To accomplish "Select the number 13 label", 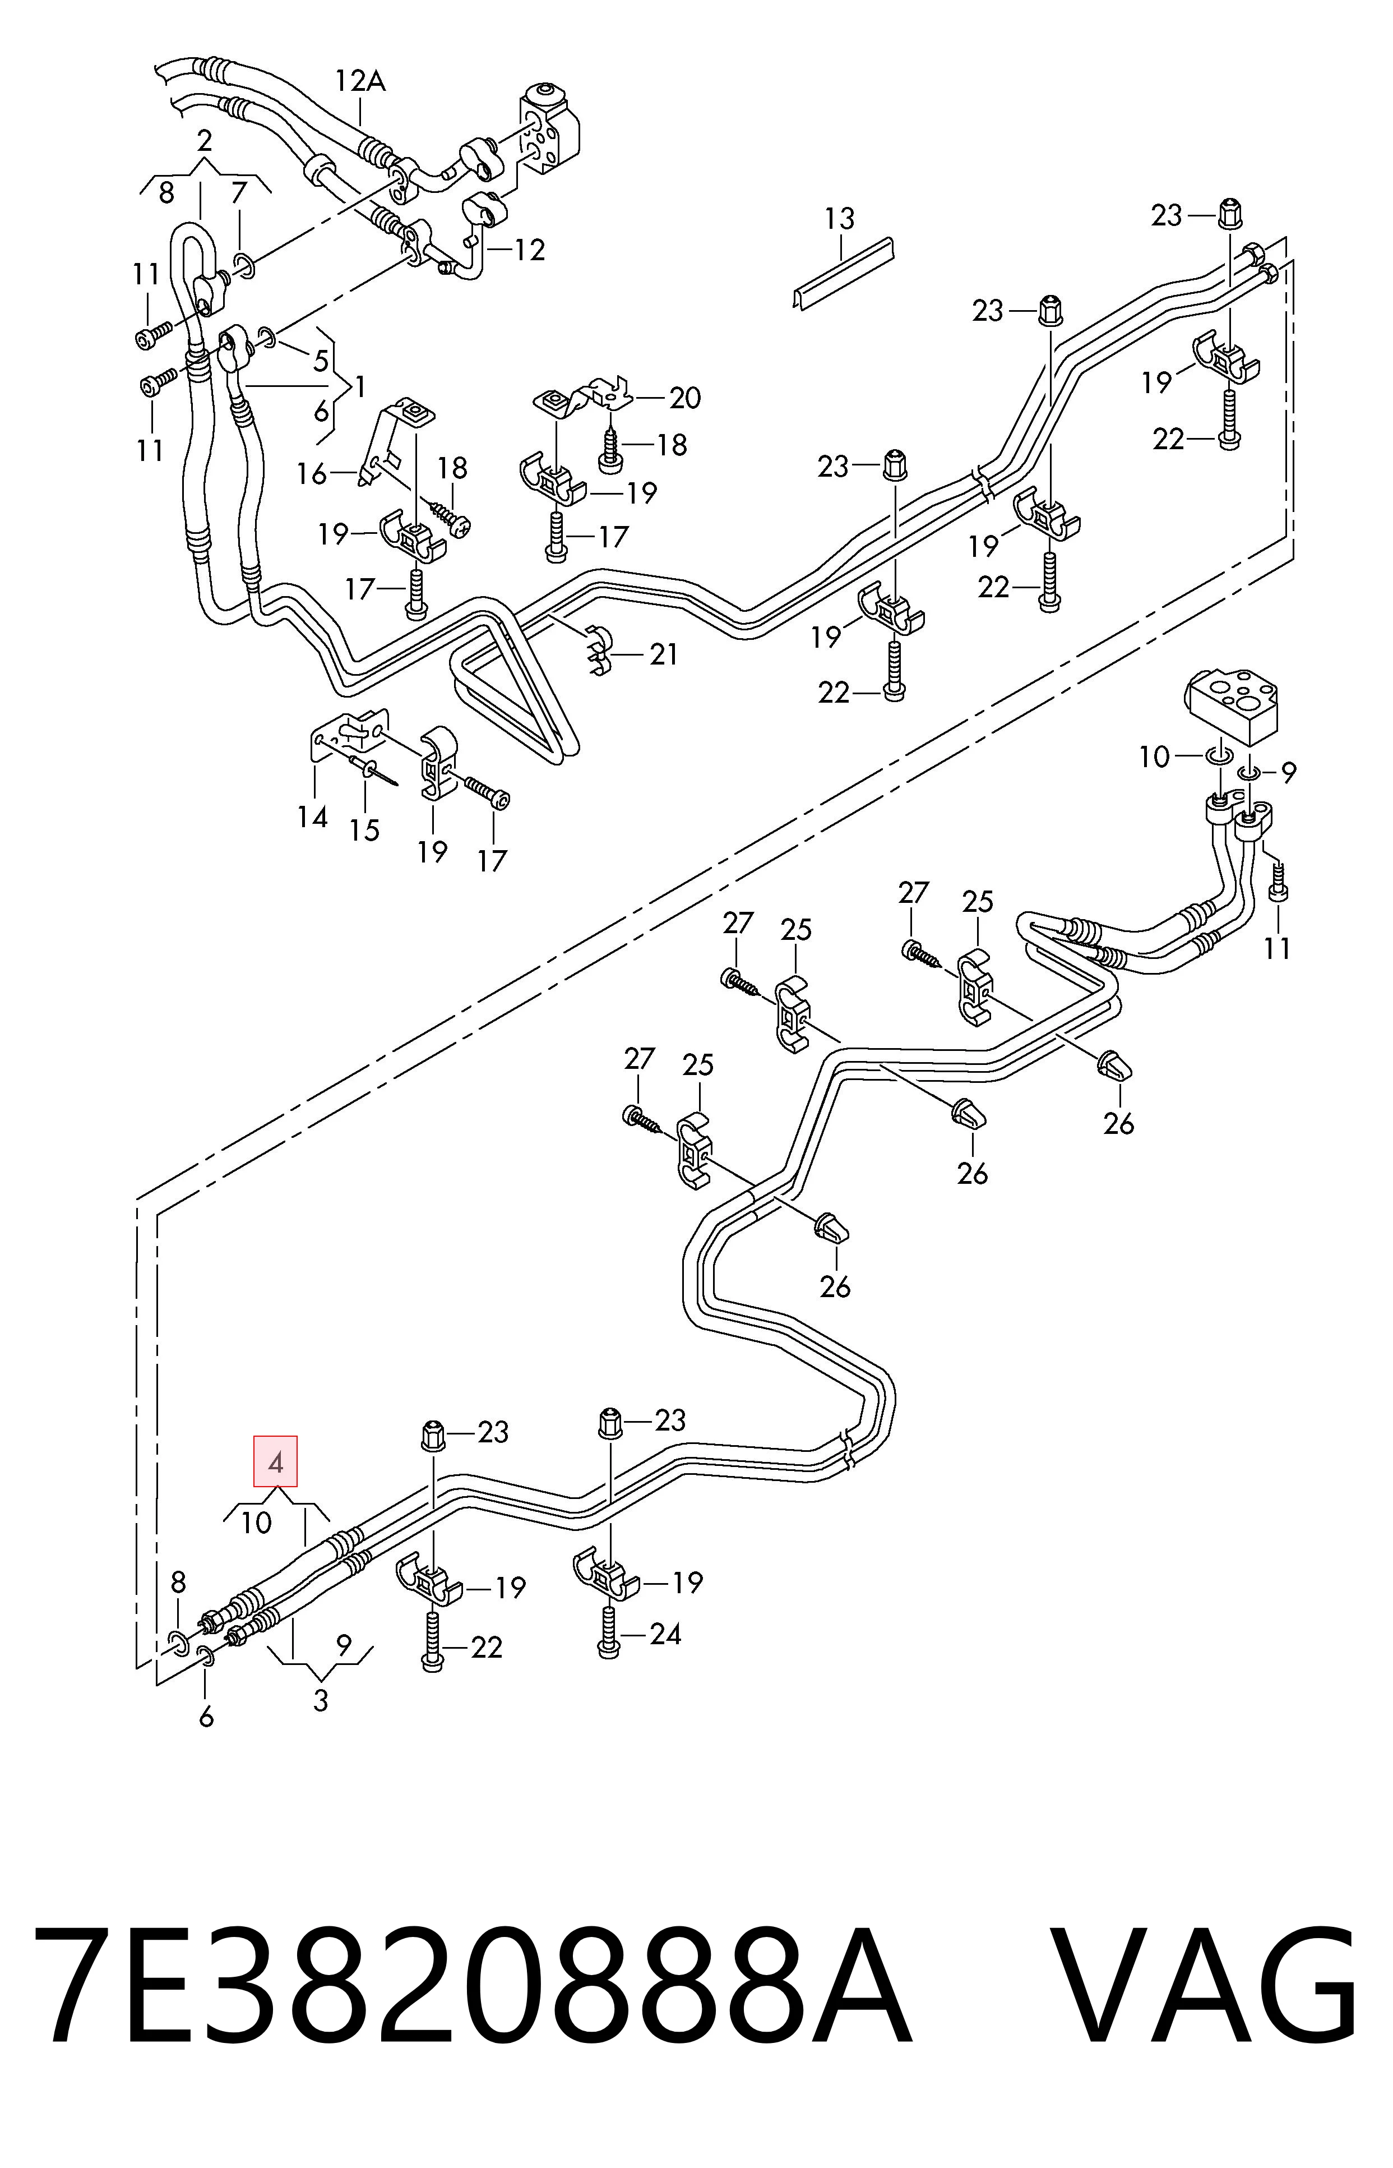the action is click(x=839, y=218).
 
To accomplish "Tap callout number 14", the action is click(x=312, y=818).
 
